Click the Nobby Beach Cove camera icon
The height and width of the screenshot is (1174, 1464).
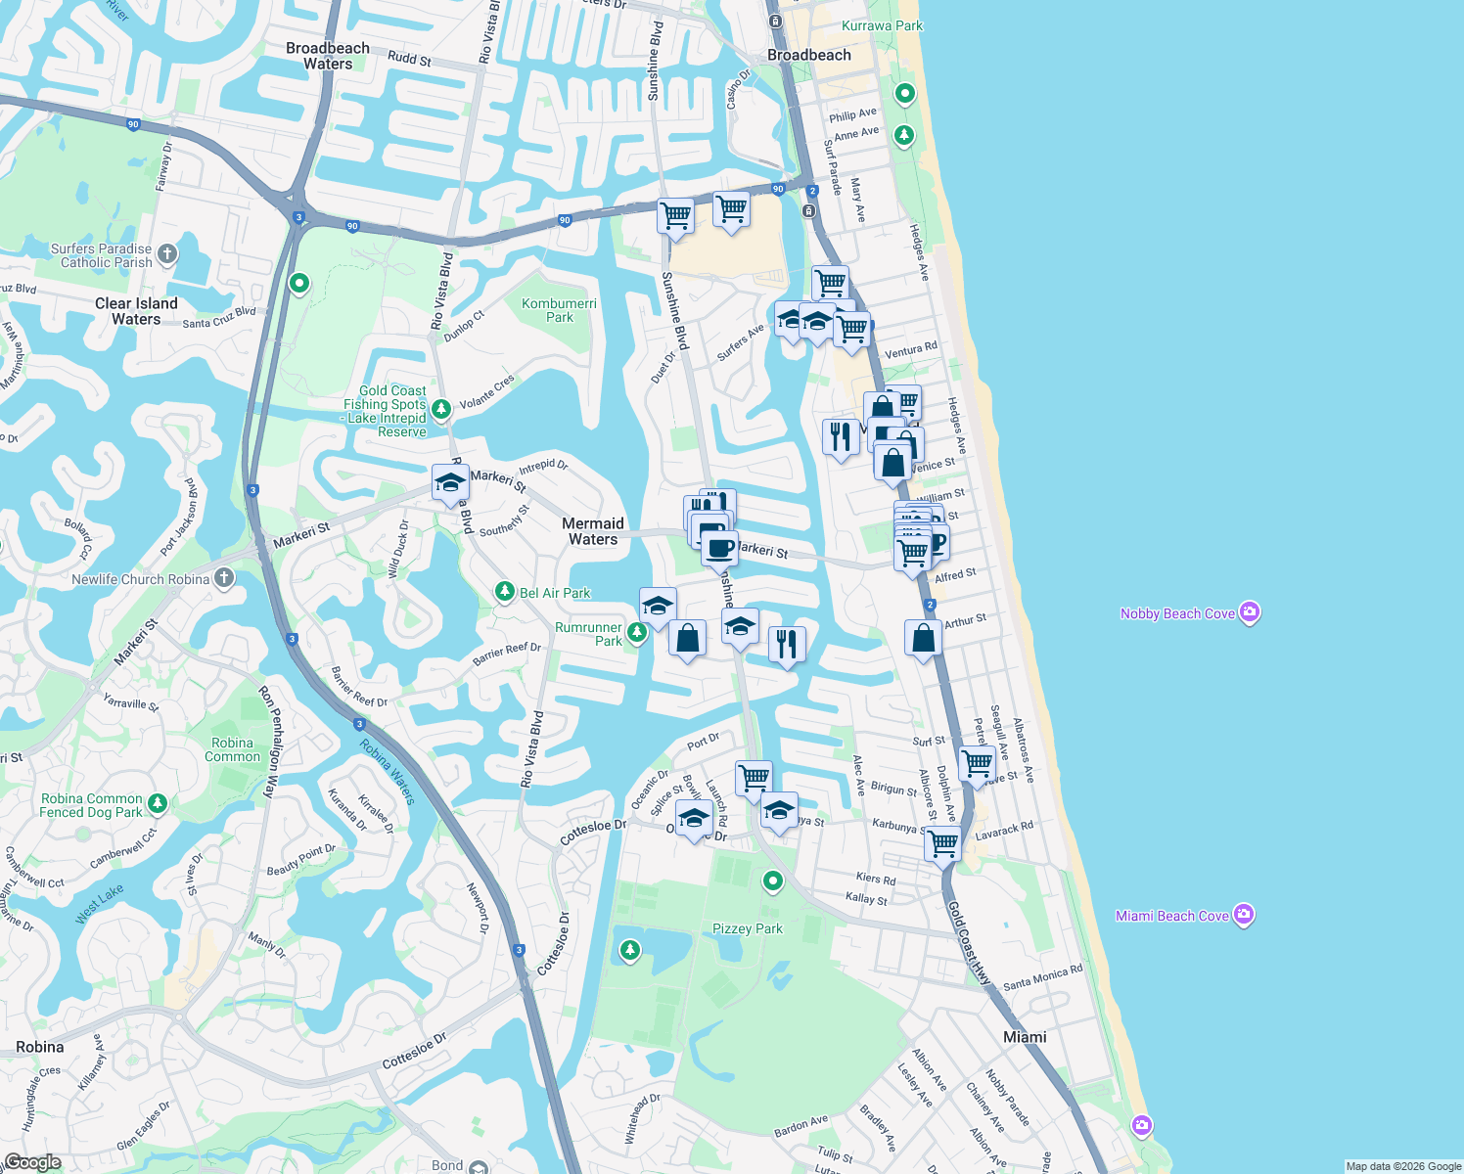tap(1249, 612)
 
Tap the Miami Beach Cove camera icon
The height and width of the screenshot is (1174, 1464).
tap(1244, 915)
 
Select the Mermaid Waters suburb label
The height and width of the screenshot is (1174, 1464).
tap(593, 531)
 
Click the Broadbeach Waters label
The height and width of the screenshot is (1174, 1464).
tap(328, 56)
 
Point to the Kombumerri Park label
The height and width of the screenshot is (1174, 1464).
tap(559, 310)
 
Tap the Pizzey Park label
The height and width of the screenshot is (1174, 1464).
tap(748, 928)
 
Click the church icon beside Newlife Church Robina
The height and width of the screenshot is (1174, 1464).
tap(224, 578)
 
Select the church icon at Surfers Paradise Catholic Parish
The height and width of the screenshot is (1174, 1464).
tap(167, 254)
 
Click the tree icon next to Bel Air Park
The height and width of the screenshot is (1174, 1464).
tap(504, 592)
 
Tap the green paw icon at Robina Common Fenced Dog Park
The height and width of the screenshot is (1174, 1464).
tap(158, 803)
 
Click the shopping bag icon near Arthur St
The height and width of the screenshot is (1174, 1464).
tap(923, 638)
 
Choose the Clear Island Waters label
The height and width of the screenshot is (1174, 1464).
tap(136, 311)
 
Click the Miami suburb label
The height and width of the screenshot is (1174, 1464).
tap(1025, 1037)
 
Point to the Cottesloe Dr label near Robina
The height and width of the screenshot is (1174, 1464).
tap(414, 1050)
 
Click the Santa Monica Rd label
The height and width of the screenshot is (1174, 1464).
tap(1042, 976)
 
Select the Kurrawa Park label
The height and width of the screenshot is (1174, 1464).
tap(882, 25)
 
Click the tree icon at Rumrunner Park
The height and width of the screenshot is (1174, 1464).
tap(637, 633)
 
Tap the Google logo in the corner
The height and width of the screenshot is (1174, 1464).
tap(32, 1161)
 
